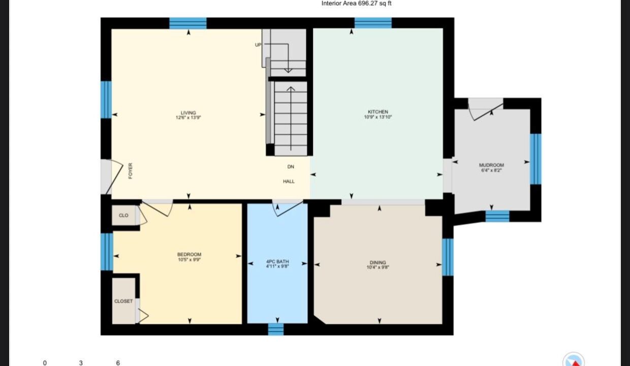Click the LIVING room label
[188, 113]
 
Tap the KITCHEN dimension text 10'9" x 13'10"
[377, 117]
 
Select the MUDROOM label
[491, 165]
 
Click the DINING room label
[377, 262]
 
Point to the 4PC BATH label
[277, 262]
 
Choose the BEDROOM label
[189, 255]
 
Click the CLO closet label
[123, 216]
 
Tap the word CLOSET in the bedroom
[123, 301]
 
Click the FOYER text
[130, 171]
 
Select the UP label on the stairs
[258, 45]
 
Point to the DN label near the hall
[291, 167]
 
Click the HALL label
[289, 181]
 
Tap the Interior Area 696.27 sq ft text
[356, 4]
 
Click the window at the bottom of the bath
[275, 329]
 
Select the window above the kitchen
[373, 23]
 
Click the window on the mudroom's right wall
[535, 159]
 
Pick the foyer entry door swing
[114, 177]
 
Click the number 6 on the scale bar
[118, 363]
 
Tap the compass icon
[574, 359]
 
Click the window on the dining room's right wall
[448, 257]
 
